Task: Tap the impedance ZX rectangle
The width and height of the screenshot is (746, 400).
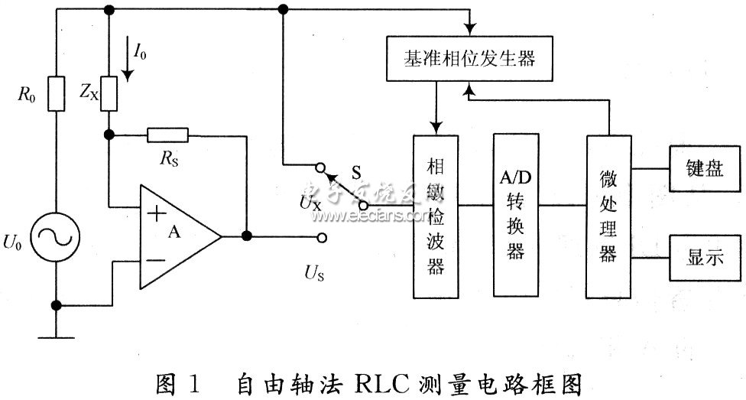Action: click(109, 93)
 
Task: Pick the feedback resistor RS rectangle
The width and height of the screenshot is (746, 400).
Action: click(167, 135)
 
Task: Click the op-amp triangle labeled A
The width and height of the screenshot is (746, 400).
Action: click(177, 236)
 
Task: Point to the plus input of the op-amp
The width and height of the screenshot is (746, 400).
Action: click(157, 213)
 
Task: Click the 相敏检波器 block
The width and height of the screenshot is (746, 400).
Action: click(436, 216)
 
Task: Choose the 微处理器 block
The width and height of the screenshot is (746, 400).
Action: click(609, 216)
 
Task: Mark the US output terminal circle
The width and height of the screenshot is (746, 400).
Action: click(323, 237)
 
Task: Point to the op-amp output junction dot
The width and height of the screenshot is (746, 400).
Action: click(246, 236)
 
